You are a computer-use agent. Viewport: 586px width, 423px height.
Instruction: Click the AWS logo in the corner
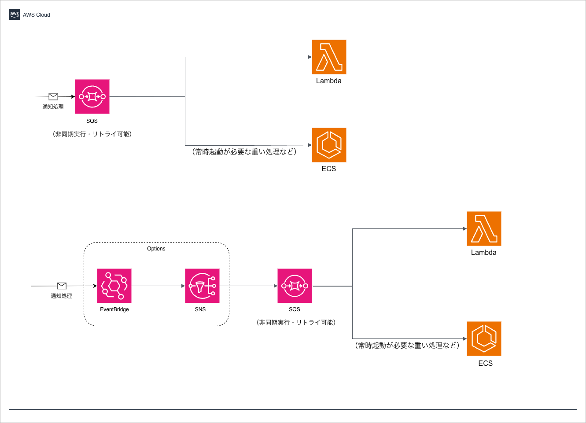tap(15, 15)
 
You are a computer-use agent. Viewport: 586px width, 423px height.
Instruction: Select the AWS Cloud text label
tap(37, 15)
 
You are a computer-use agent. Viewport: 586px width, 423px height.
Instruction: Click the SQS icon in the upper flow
tap(92, 96)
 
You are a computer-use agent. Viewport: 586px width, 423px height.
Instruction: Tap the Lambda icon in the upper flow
tap(329, 57)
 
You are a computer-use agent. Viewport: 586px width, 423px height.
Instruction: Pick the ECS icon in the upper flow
tap(329, 145)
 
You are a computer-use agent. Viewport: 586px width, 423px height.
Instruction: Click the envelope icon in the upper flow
tap(53, 96)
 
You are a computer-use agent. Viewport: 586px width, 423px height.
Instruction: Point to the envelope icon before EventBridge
tap(62, 286)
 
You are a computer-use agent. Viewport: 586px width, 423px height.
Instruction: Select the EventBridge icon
tap(114, 286)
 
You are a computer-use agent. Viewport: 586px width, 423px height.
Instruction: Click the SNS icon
tap(202, 286)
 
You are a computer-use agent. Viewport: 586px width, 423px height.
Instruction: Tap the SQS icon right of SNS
tap(295, 286)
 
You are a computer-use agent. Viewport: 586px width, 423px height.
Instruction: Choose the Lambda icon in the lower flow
tap(484, 228)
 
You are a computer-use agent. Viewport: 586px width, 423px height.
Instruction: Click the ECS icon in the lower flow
tap(484, 338)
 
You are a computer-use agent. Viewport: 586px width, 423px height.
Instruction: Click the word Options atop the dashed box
tap(156, 249)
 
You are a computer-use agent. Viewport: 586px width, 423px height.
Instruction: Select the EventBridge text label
tap(114, 309)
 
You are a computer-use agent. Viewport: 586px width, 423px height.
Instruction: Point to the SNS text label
tap(200, 309)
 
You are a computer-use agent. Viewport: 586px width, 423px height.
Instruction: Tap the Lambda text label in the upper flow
tap(329, 81)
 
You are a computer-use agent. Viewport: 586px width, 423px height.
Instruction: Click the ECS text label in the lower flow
tap(486, 363)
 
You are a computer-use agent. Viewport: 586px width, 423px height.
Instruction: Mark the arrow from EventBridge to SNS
tap(158, 286)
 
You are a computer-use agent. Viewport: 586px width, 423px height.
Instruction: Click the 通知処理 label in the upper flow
tap(53, 107)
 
